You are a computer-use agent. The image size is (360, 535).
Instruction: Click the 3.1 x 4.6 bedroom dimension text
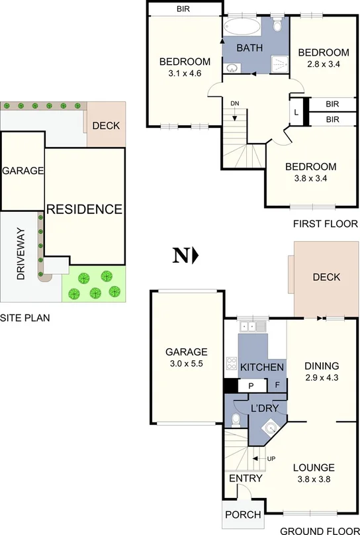click(x=184, y=74)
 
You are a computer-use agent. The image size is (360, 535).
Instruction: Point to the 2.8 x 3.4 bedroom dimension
click(x=323, y=65)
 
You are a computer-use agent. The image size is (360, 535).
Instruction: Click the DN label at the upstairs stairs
click(x=235, y=103)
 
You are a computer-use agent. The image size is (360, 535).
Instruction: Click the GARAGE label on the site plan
click(x=23, y=171)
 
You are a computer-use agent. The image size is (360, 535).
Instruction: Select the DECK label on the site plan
click(x=105, y=125)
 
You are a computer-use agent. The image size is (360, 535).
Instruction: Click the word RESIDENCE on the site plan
click(x=84, y=209)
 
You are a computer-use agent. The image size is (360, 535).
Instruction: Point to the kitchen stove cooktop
click(x=232, y=363)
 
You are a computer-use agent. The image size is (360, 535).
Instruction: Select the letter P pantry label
click(x=251, y=385)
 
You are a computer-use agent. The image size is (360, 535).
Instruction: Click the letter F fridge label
click(x=277, y=385)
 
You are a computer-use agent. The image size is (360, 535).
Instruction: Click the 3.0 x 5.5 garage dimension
click(x=186, y=364)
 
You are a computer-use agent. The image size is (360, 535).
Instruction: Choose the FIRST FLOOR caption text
click(x=325, y=224)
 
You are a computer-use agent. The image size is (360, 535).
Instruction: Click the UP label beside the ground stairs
click(x=271, y=458)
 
